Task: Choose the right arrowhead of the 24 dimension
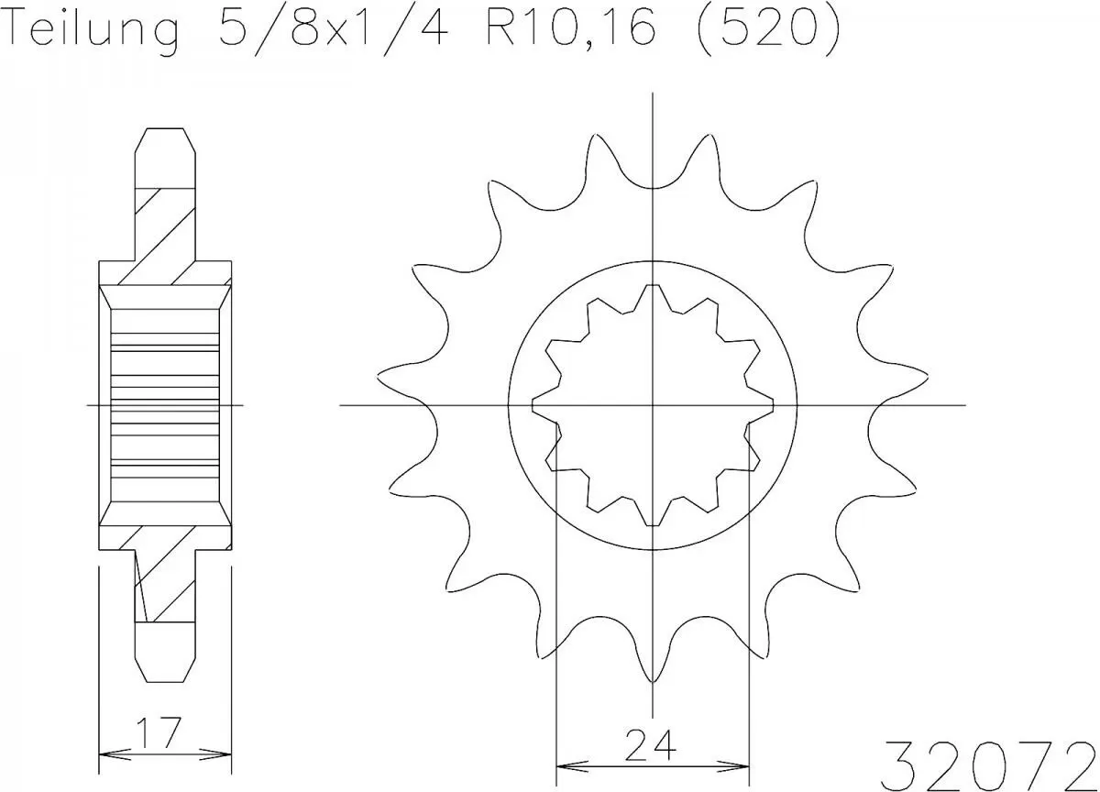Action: click(x=742, y=764)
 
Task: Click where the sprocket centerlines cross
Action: click(x=652, y=404)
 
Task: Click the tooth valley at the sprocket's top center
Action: click(x=652, y=185)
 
